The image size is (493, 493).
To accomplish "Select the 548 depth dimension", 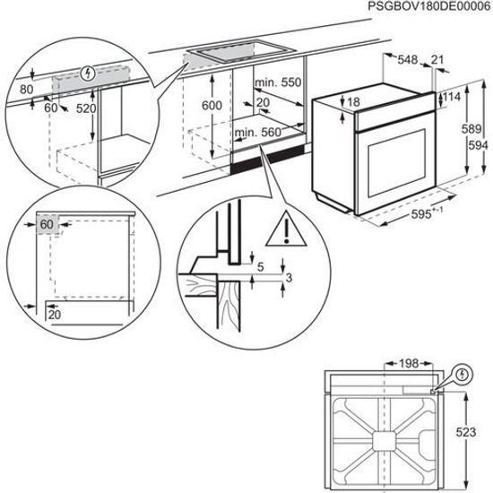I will click(408, 60).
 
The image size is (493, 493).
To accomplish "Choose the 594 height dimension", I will click(480, 146).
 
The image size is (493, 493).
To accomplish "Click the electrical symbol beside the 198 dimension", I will click(462, 373).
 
